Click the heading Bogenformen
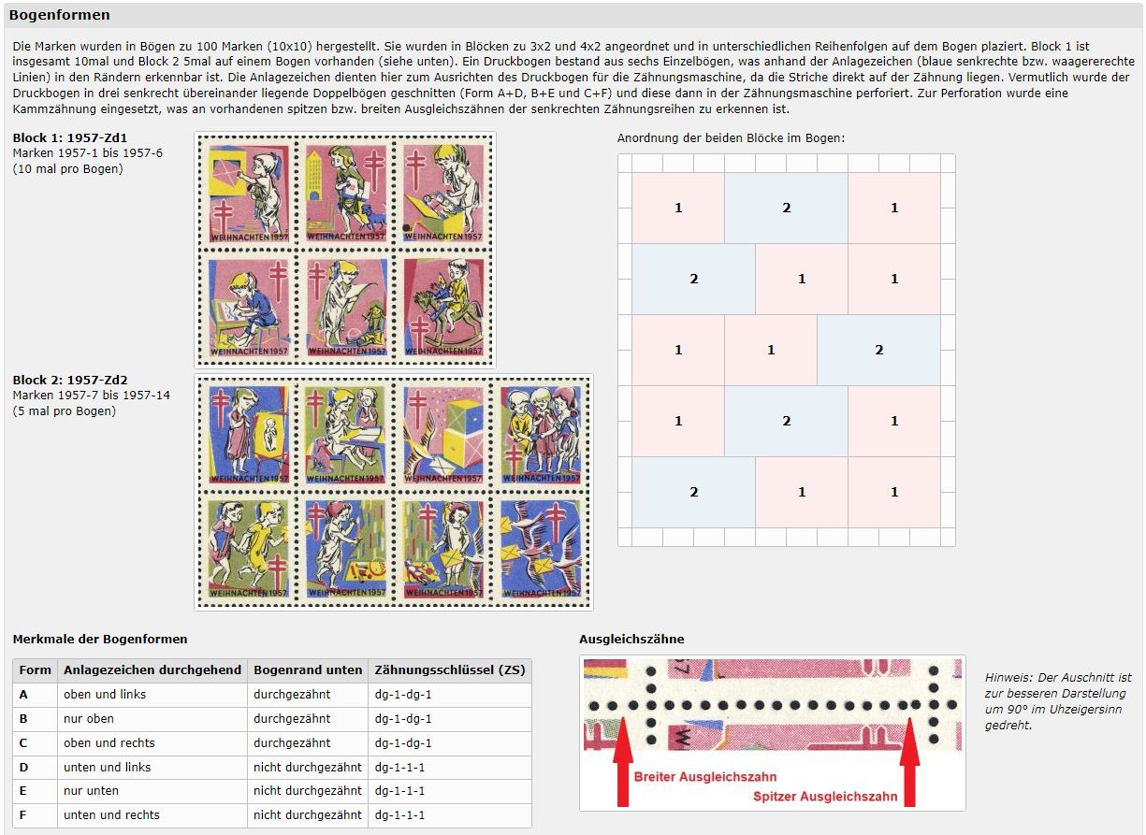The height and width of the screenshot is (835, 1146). (x=59, y=15)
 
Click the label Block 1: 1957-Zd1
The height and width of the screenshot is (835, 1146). (x=70, y=137)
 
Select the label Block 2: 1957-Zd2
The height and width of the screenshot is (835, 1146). (x=70, y=380)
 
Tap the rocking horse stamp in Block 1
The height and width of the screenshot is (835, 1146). (x=443, y=307)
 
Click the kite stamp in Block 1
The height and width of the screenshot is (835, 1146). (x=249, y=193)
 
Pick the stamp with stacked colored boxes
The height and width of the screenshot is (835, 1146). (x=443, y=434)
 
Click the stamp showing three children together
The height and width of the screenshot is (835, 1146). (x=541, y=434)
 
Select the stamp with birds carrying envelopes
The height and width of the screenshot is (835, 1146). (x=541, y=549)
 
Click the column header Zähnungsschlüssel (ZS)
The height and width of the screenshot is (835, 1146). (x=450, y=669)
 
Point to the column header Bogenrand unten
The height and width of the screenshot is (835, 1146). (x=308, y=669)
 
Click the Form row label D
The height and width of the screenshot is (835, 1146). (x=23, y=767)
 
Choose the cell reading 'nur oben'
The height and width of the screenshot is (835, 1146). (x=89, y=718)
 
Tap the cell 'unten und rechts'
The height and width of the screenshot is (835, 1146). (x=111, y=814)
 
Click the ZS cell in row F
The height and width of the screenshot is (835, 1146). (x=399, y=814)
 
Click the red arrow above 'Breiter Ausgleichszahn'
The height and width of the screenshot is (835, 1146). (x=623, y=761)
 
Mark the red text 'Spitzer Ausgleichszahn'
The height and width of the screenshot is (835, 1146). (x=825, y=796)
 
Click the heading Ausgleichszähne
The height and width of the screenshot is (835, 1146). (x=631, y=640)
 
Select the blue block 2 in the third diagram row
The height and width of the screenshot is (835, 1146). (x=878, y=350)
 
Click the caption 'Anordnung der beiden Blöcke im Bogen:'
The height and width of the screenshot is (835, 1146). (x=731, y=138)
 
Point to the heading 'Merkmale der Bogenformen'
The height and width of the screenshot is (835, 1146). (x=100, y=640)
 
